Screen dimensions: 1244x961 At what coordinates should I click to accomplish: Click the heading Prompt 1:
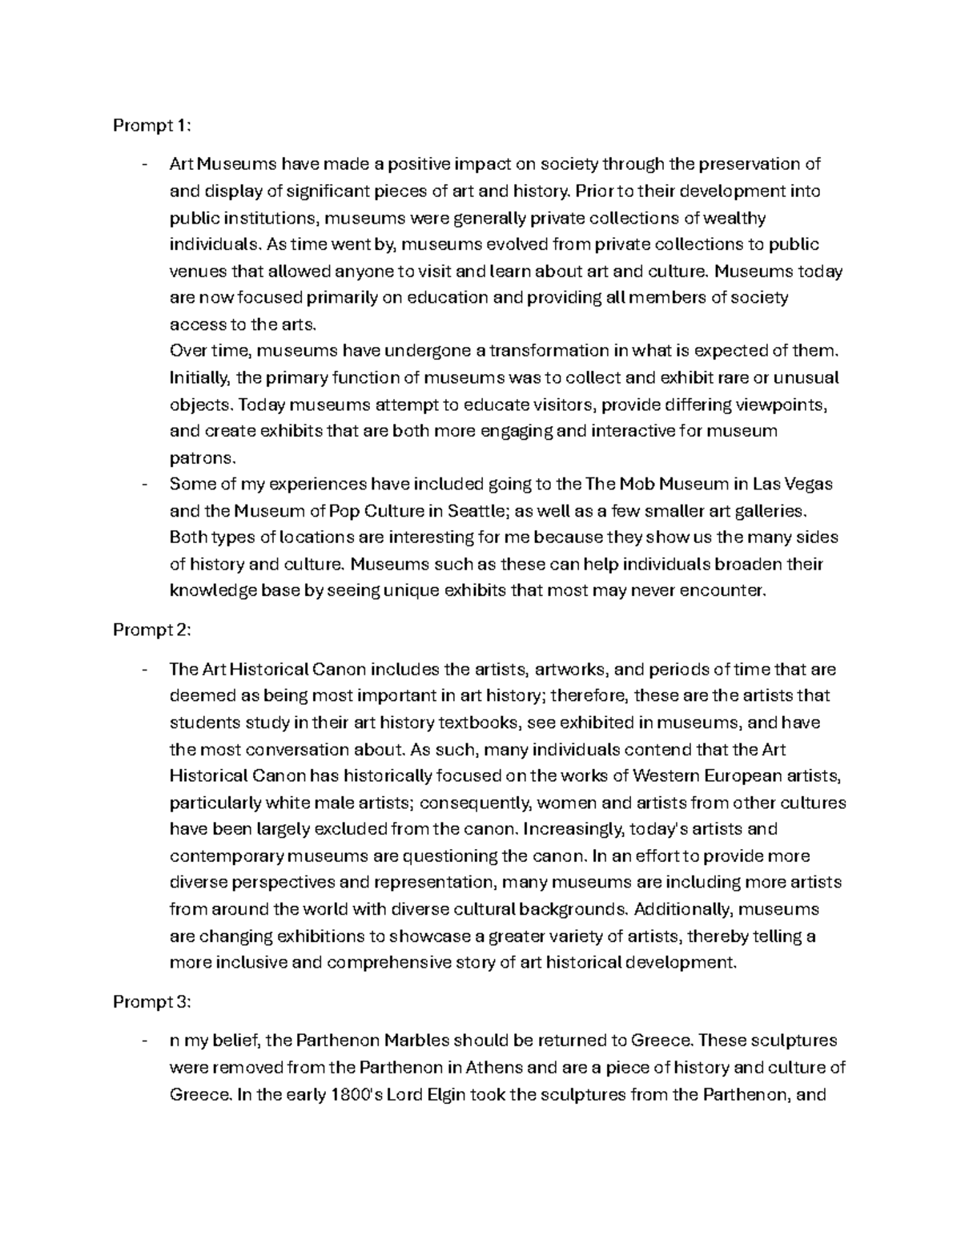pyautogui.click(x=152, y=126)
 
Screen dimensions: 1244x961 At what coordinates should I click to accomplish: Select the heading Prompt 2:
pyautogui.click(x=152, y=630)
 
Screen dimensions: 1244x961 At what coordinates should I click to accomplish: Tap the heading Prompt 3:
pyautogui.click(x=152, y=1002)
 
